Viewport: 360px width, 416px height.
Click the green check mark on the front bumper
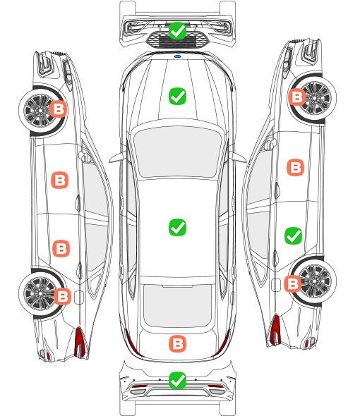click(x=177, y=31)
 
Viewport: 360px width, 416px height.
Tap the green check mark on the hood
click(x=177, y=96)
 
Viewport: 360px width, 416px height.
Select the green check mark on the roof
click(x=177, y=227)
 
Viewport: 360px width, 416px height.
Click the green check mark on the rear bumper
click(x=177, y=381)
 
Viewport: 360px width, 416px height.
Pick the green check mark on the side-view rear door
click(x=294, y=235)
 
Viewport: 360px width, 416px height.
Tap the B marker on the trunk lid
click(x=177, y=344)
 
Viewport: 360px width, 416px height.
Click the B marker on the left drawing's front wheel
click(x=59, y=109)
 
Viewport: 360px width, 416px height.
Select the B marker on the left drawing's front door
click(x=60, y=180)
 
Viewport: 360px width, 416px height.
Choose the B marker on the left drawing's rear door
click(x=61, y=249)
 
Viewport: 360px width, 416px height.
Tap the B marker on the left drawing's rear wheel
click(x=62, y=296)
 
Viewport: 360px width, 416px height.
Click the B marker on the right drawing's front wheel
click(x=296, y=97)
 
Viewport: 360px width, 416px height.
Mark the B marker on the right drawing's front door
click(x=296, y=167)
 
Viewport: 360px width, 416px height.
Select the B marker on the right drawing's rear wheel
click(x=293, y=283)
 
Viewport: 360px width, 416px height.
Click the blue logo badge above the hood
click(x=177, y=56)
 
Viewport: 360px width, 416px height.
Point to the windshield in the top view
click(x=177, y=152)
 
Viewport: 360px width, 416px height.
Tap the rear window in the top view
click(x=177, y=305)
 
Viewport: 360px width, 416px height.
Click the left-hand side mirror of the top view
click(x=117, y=157)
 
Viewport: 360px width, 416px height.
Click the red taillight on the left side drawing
click(x=80, y=342)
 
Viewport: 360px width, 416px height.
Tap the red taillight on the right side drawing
click(x=275, y=330)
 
